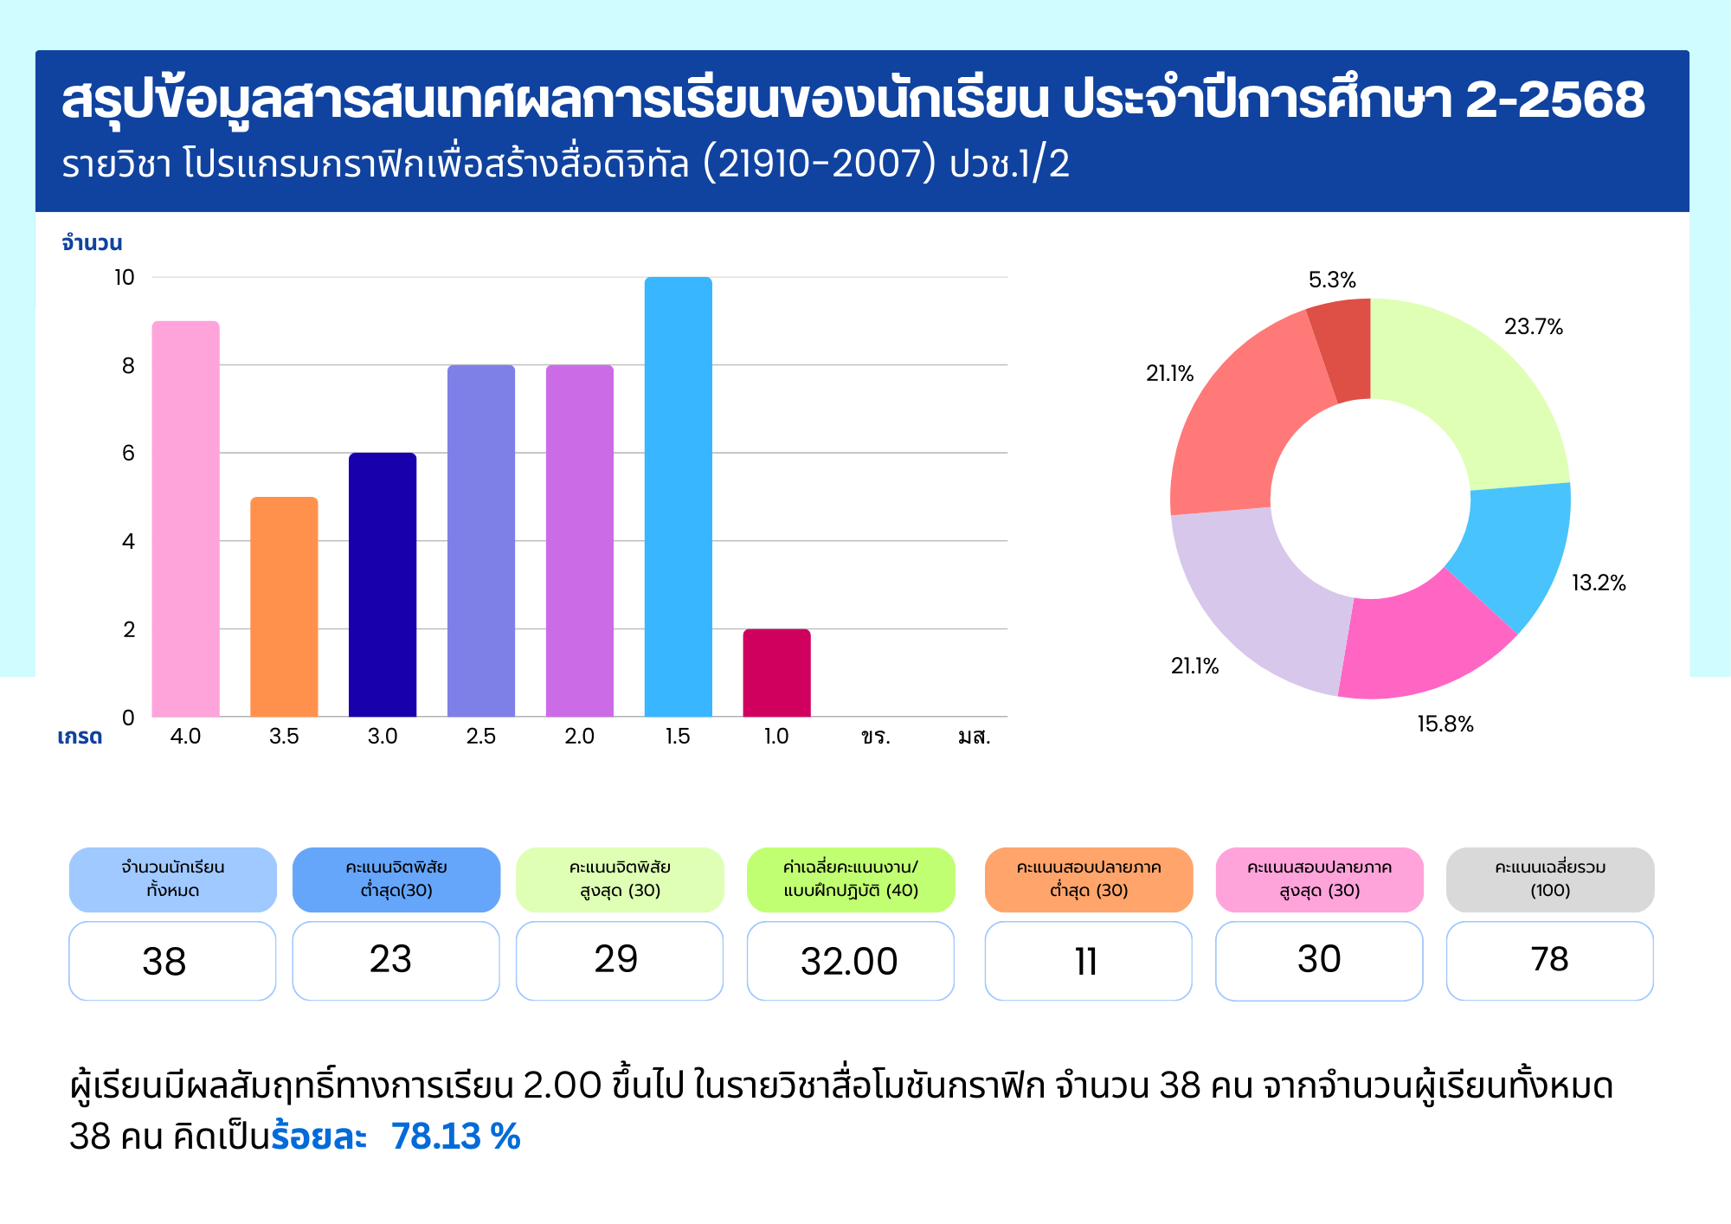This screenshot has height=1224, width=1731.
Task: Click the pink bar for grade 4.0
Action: pos(185,519)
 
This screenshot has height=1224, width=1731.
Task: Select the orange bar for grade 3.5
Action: pos(284,606)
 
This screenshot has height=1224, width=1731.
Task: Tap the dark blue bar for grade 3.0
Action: pos(383,584)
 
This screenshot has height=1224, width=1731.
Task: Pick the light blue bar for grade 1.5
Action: pos(678,498)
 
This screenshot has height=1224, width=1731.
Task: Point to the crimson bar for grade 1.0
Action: pos(776,673)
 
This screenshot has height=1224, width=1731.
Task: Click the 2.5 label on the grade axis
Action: pos(480,737)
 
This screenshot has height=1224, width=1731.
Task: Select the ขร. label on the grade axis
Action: pos(875,737)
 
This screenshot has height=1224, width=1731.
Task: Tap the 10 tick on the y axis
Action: pos(125,278)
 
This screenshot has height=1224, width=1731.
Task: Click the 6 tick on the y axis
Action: pos(128,453)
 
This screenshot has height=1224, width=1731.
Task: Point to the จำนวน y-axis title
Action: pos(92,243)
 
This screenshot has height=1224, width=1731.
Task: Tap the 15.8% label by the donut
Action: pos(1445,725)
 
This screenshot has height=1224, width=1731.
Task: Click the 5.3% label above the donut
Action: pos(1331,280)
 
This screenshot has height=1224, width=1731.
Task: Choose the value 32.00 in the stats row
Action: pos(849,962)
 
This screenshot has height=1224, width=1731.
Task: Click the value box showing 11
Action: pos(1087,962)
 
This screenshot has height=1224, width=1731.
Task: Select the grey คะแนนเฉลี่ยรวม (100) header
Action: pos(1549,879)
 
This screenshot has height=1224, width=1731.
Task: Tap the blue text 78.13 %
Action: pos(455,1137)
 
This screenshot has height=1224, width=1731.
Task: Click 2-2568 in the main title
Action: pos(1554,100)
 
